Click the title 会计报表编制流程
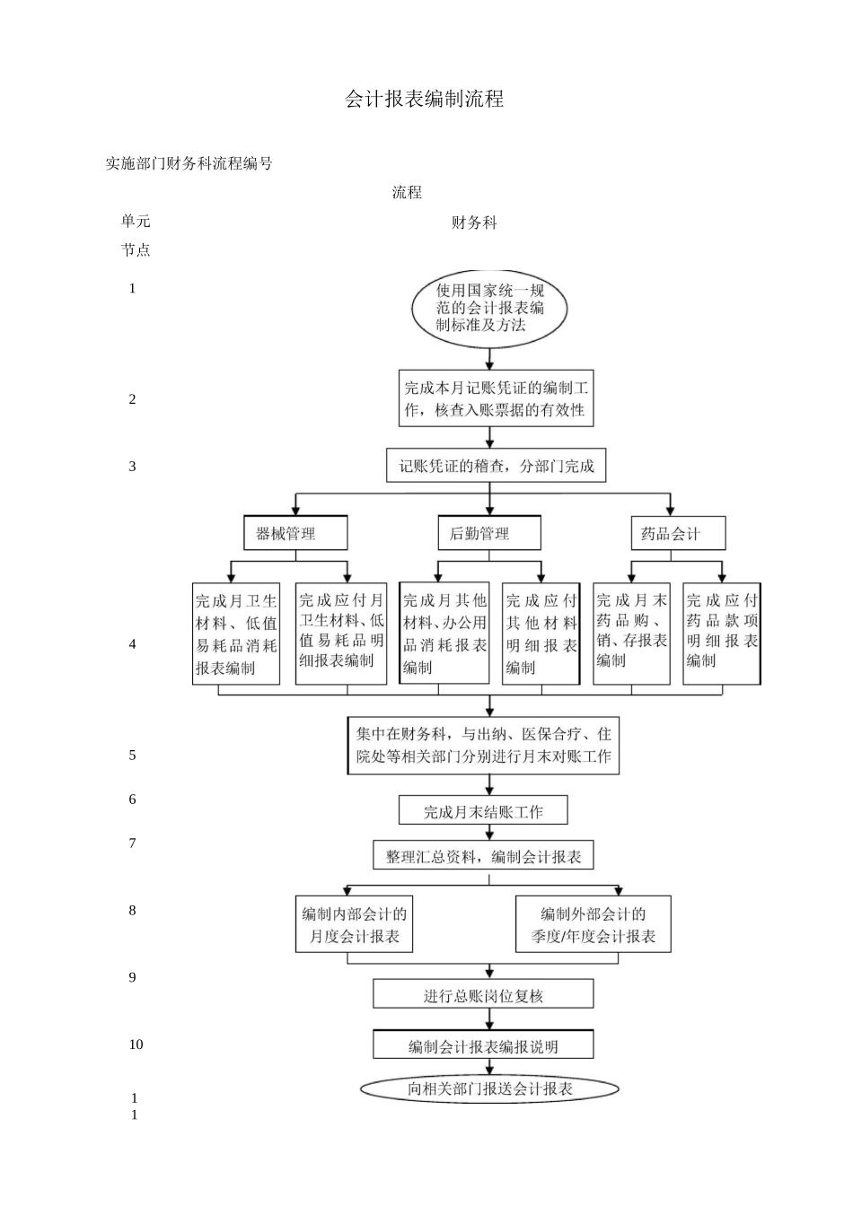pos(424,100)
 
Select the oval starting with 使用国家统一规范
pos(489,308)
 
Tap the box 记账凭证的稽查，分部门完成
pos(496,466)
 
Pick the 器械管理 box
pos(295,533)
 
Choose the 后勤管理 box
pos(489,533)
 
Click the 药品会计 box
pos(677,533)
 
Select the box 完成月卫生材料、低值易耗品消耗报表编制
pos(237,634)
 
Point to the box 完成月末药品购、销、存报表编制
pos(631,633)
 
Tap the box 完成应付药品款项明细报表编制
pos(721,633)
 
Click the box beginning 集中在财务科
pos(483,745)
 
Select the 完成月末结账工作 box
pos(483,811)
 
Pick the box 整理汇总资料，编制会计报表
pos(483,856)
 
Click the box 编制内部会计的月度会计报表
pos(355,924)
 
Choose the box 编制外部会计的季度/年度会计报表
pos(593,924)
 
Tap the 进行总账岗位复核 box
pos(483,994)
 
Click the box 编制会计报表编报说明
pos(483,1045)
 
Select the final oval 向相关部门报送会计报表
pos(489,1088)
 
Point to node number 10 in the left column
pos(136,1044)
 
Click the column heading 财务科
pos(473,223)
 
